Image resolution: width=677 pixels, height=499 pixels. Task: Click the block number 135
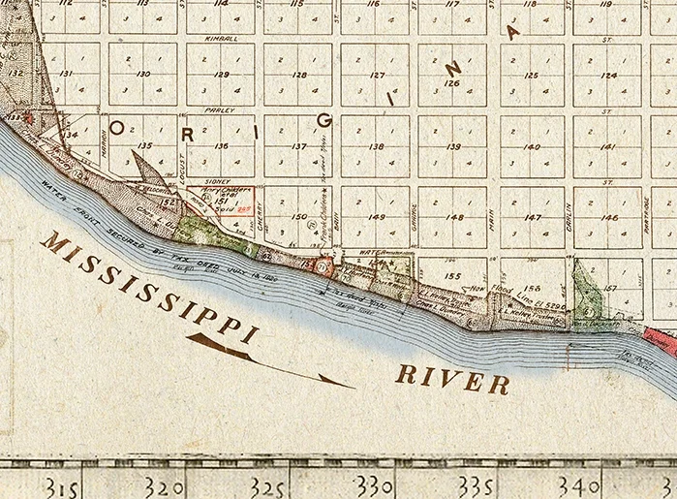point(143,146)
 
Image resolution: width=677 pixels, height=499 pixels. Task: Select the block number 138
point(376,146)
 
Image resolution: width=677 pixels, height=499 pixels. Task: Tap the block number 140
point(531,146)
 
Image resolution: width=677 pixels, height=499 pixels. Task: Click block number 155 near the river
point(451,275)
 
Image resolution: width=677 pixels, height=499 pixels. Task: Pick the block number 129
point(221,75)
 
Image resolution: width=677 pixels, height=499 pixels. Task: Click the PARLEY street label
point(221,110)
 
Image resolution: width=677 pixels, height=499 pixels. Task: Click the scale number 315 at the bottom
point(60,483)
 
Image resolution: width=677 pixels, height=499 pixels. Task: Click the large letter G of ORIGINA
point(324,119)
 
